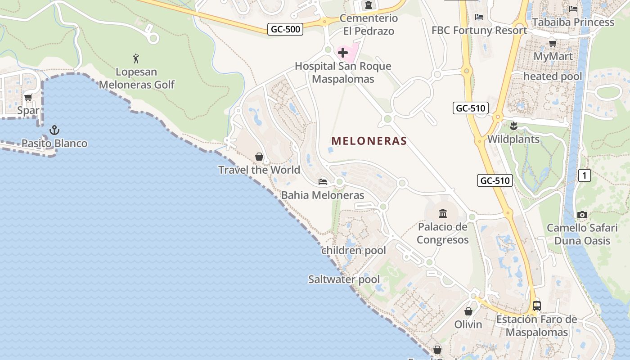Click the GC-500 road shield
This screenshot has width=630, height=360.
pyautogui.click(x=285, y=29)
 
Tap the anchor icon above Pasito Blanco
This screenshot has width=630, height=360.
pyautogui.click(x=54, y=130)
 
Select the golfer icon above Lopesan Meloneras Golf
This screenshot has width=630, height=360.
pyautogui.click(x=136, y=58)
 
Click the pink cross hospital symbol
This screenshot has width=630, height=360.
pyautogui.click(x=343, y=53)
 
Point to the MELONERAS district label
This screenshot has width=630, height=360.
pyautogui.click(x=369, y=141)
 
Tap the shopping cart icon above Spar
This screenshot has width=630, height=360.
pyautogui.click(x=28, y=97)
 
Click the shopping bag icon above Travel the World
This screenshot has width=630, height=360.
pyautogui.click(x=259, y=157)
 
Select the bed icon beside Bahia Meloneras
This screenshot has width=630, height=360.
pyautogui.click(x=323, y=182)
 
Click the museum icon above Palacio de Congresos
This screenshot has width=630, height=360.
pyautogui.click(x=443, y=213)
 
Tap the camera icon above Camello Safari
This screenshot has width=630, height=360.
pyautogui.click(x=582, y=215)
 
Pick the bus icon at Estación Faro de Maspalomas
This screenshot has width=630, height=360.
pyautogui.click(x=536, y=306)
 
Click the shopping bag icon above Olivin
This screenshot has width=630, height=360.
pyautogui.click(x=468, y=311)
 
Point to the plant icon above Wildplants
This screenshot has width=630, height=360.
pyautogui.click(x=513, y=126)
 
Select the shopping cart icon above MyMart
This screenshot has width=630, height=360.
pyautogui.click(x=553, y=43)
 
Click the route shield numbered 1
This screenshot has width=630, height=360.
pyautogui.click(x=584, y=175)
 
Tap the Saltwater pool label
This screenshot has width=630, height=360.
pyautogui.click(x=344, y=279)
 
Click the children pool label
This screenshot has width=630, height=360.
pyautogui.click(x=354, y=251)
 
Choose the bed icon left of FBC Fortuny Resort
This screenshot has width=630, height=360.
pyautogui.click(x=479, y=17)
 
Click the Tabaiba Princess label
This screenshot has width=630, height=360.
pyautogui.click(x=573, y=22)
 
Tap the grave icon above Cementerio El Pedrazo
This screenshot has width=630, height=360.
pyautogui.click(x=369, y=5)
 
